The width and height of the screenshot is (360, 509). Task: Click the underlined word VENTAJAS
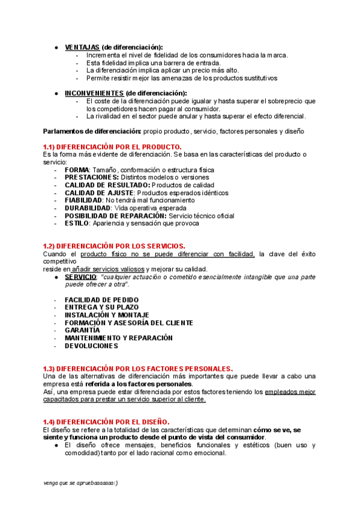82,47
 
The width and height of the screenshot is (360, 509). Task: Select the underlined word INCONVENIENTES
94,93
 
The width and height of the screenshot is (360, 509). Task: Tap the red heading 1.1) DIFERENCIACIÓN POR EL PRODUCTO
112,147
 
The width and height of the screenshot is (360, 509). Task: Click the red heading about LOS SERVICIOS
114,246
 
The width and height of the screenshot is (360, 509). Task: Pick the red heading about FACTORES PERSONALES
138,368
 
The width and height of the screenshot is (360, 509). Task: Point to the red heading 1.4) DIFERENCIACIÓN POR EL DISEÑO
106,422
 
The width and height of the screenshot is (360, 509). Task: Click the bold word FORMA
77,170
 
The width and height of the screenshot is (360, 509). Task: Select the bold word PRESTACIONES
92,178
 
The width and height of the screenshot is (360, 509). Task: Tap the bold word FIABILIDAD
83,200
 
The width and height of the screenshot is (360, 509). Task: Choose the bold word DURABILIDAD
88,208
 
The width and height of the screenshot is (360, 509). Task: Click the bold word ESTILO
76,223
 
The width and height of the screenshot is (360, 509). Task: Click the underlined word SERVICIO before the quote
80,277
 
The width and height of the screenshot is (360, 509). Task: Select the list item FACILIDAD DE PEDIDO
101,300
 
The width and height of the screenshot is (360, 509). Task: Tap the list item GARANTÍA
82,330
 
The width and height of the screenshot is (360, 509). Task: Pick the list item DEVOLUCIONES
91,346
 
